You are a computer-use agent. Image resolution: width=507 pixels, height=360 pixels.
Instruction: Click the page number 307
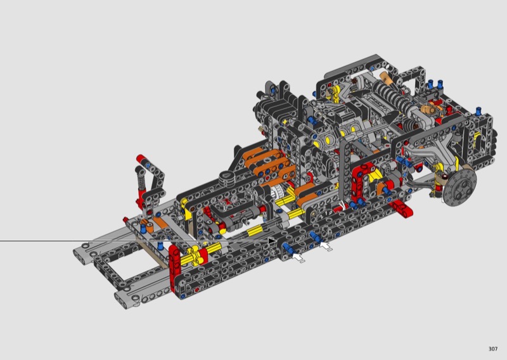pos(493,349)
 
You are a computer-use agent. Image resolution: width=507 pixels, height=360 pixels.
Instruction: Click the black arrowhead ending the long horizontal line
pos(272,241)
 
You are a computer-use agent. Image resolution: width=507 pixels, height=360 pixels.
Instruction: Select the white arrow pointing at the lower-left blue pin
pos(298,257)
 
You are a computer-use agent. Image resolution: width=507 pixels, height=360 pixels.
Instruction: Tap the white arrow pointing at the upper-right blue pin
pos(326,246)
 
